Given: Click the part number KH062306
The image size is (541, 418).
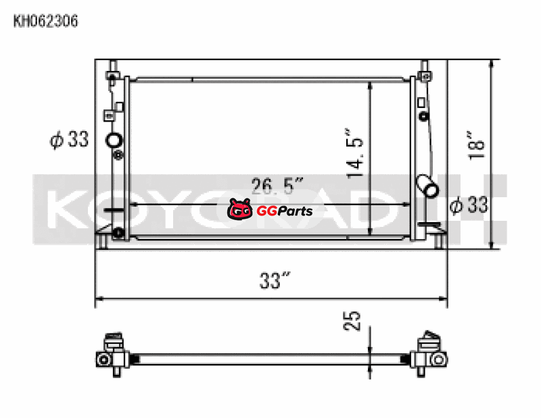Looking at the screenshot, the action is click(45, 21).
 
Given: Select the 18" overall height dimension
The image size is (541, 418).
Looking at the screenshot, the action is click(477, 145).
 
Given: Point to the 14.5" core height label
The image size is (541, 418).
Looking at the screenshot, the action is click(355, 154).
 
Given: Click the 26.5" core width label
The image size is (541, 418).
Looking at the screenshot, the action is click(278, 186).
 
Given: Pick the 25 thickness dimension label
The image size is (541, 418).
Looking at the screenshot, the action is click(352, 321).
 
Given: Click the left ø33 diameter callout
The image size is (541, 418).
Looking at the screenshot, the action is click(70, 140).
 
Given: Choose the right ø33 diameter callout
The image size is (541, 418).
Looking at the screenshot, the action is click(469, 205).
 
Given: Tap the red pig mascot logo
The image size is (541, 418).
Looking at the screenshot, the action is click(240, 209).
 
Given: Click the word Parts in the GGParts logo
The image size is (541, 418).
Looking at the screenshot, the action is click(294, 211).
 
